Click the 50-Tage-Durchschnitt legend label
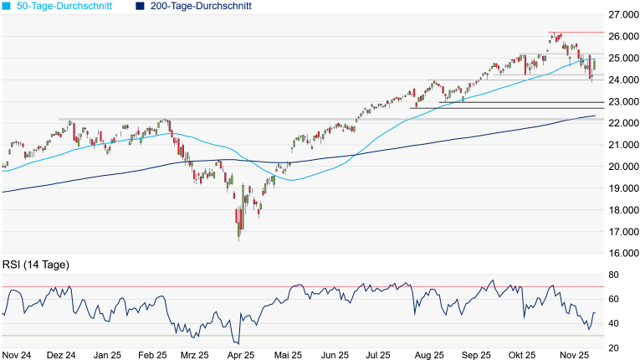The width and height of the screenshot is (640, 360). (x=69, y=6)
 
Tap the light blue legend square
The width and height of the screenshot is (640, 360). (x=7, y=6)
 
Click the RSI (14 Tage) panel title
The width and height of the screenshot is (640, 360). (x=34, y=265)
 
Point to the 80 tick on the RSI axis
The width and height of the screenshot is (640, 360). (x=613, y=275)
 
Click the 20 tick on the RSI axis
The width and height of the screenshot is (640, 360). (x=613, y=347)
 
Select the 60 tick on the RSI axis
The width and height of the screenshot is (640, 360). (x=613, y=299)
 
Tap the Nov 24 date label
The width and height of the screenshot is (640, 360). (x=18, y=354)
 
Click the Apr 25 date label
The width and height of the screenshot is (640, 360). (x=240, y=354)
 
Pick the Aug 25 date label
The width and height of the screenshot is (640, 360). (x=428, y=354)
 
